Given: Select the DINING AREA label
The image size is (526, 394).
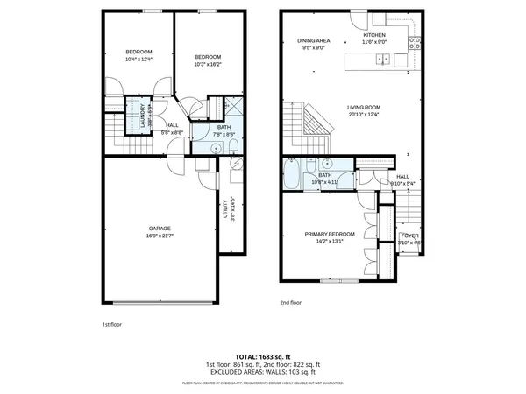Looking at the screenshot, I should [x=312, y=40].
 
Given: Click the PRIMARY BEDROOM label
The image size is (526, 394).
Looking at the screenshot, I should [x=330, y=234].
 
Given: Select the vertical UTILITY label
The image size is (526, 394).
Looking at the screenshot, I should [x=228, y=208].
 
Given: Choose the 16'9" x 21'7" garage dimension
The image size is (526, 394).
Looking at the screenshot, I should [x=158, y=235].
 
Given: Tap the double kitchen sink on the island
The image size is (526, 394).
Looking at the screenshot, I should [x=383, y=60].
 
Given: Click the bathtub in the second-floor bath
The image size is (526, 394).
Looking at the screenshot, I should [x=291, y=176].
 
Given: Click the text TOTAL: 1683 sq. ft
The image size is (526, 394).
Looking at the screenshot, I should [x=263, y=356].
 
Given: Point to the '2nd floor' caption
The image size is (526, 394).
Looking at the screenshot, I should [x=289, y=302].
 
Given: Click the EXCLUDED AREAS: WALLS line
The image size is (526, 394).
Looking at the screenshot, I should [x=263, y=371].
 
